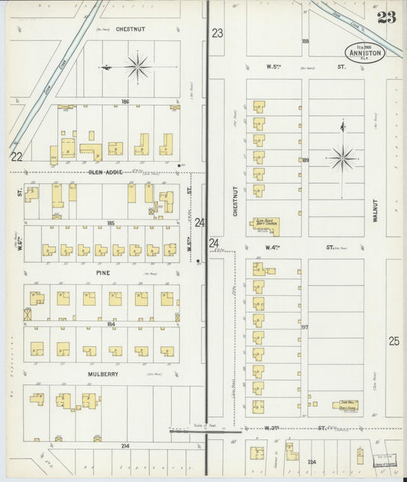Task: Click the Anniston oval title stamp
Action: pos(365,51)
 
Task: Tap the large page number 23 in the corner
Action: pos(386,18)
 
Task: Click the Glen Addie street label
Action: pos(105,172)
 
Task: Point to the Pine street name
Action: pos(103,272)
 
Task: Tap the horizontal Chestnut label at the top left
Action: pos(131,29)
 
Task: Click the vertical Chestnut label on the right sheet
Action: pos(236,201)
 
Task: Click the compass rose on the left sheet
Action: pos(137,67)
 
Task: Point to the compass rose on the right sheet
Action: pos(341,159)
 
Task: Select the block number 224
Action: pos(312,461)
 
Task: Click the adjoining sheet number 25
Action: pos(393,341)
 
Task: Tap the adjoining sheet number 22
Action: pos(17,156)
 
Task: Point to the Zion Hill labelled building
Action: pos(344,405)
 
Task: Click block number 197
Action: pos(304,326)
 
